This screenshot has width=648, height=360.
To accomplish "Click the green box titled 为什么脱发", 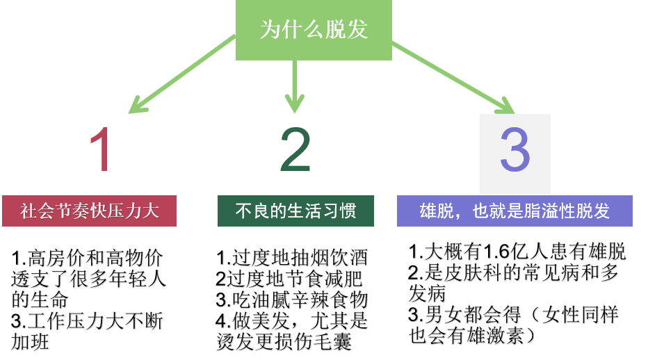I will coord(314,30).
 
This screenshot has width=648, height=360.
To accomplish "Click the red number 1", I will coord(102,149).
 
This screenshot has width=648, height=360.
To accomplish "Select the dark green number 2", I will coord(295,149).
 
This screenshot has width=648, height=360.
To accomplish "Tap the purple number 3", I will coord(515,151).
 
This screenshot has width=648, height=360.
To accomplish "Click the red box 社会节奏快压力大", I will coord(89,211).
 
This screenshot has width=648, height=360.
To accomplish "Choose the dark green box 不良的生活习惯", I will coord(295,211).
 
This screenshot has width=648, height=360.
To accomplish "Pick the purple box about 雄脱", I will coord(515,211).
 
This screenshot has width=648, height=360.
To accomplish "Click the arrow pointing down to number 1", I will coord(182,74).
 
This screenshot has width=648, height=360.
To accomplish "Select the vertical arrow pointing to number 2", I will coord(295,83).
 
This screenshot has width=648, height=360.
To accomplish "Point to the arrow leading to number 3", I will coord(452,76).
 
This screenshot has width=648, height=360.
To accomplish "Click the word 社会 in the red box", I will coord(38,211).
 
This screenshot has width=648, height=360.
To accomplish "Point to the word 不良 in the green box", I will coord(252,211).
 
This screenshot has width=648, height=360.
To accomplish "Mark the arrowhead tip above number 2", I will coord(295,111).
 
